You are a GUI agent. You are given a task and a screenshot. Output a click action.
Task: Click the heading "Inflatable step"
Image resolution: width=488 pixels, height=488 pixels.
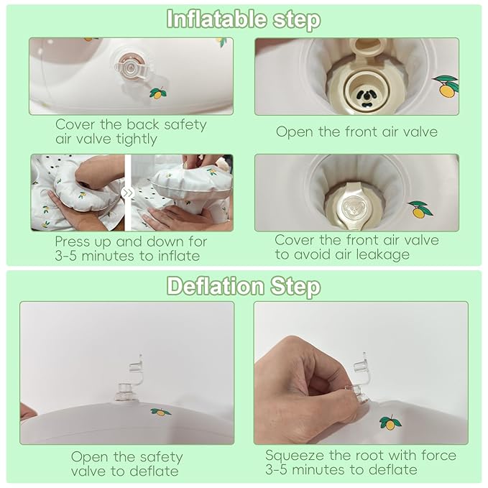point(244,19)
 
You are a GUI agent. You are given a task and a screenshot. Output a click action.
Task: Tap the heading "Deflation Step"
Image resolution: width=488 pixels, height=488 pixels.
point(244,286)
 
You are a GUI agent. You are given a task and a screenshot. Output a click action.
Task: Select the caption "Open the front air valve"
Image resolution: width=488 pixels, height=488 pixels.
point(356,132)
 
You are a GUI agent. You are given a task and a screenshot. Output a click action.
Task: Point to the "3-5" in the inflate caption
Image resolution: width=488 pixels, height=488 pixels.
point(65,256)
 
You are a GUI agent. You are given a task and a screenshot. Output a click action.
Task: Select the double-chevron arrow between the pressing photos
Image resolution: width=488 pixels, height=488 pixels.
point(128,193)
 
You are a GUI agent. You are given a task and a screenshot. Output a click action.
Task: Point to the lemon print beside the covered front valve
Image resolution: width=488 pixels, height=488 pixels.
point(420,209)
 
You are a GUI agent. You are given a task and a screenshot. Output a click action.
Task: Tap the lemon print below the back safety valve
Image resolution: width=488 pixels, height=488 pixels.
point(158,93)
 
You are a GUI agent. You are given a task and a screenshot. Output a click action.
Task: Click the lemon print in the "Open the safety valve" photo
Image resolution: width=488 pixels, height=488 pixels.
point(160,412)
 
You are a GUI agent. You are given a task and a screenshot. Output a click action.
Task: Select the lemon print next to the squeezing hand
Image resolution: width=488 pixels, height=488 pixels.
point(390,423)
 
